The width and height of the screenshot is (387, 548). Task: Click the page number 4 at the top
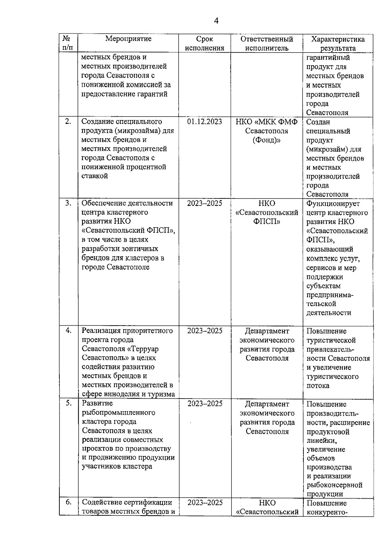216,21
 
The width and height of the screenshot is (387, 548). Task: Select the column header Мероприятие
128,39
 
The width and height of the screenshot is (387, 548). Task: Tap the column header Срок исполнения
205,44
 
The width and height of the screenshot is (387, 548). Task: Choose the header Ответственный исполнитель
267,44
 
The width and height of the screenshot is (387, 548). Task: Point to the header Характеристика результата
338,44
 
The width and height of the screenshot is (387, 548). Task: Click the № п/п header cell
68,43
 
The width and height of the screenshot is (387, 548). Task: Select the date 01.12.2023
204,122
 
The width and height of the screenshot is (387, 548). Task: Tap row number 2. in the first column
68,122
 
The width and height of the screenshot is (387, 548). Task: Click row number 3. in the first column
68,203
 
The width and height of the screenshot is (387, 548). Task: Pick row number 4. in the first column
68,330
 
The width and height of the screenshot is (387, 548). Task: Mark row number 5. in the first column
68,403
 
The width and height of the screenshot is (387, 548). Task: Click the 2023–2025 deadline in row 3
204,203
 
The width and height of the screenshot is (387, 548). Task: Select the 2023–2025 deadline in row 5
205,404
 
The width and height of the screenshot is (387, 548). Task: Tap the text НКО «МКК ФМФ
267,122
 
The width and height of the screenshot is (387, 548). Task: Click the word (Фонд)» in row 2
267,140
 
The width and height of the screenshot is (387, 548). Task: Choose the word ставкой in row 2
94,176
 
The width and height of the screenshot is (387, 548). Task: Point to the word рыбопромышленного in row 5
118,412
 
